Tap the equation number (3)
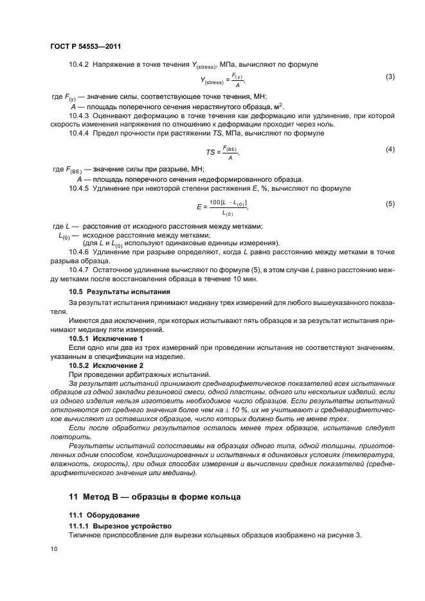(x=389, y=78)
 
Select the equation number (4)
(x=389, y=149)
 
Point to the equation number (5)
(x=389, y=204)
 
